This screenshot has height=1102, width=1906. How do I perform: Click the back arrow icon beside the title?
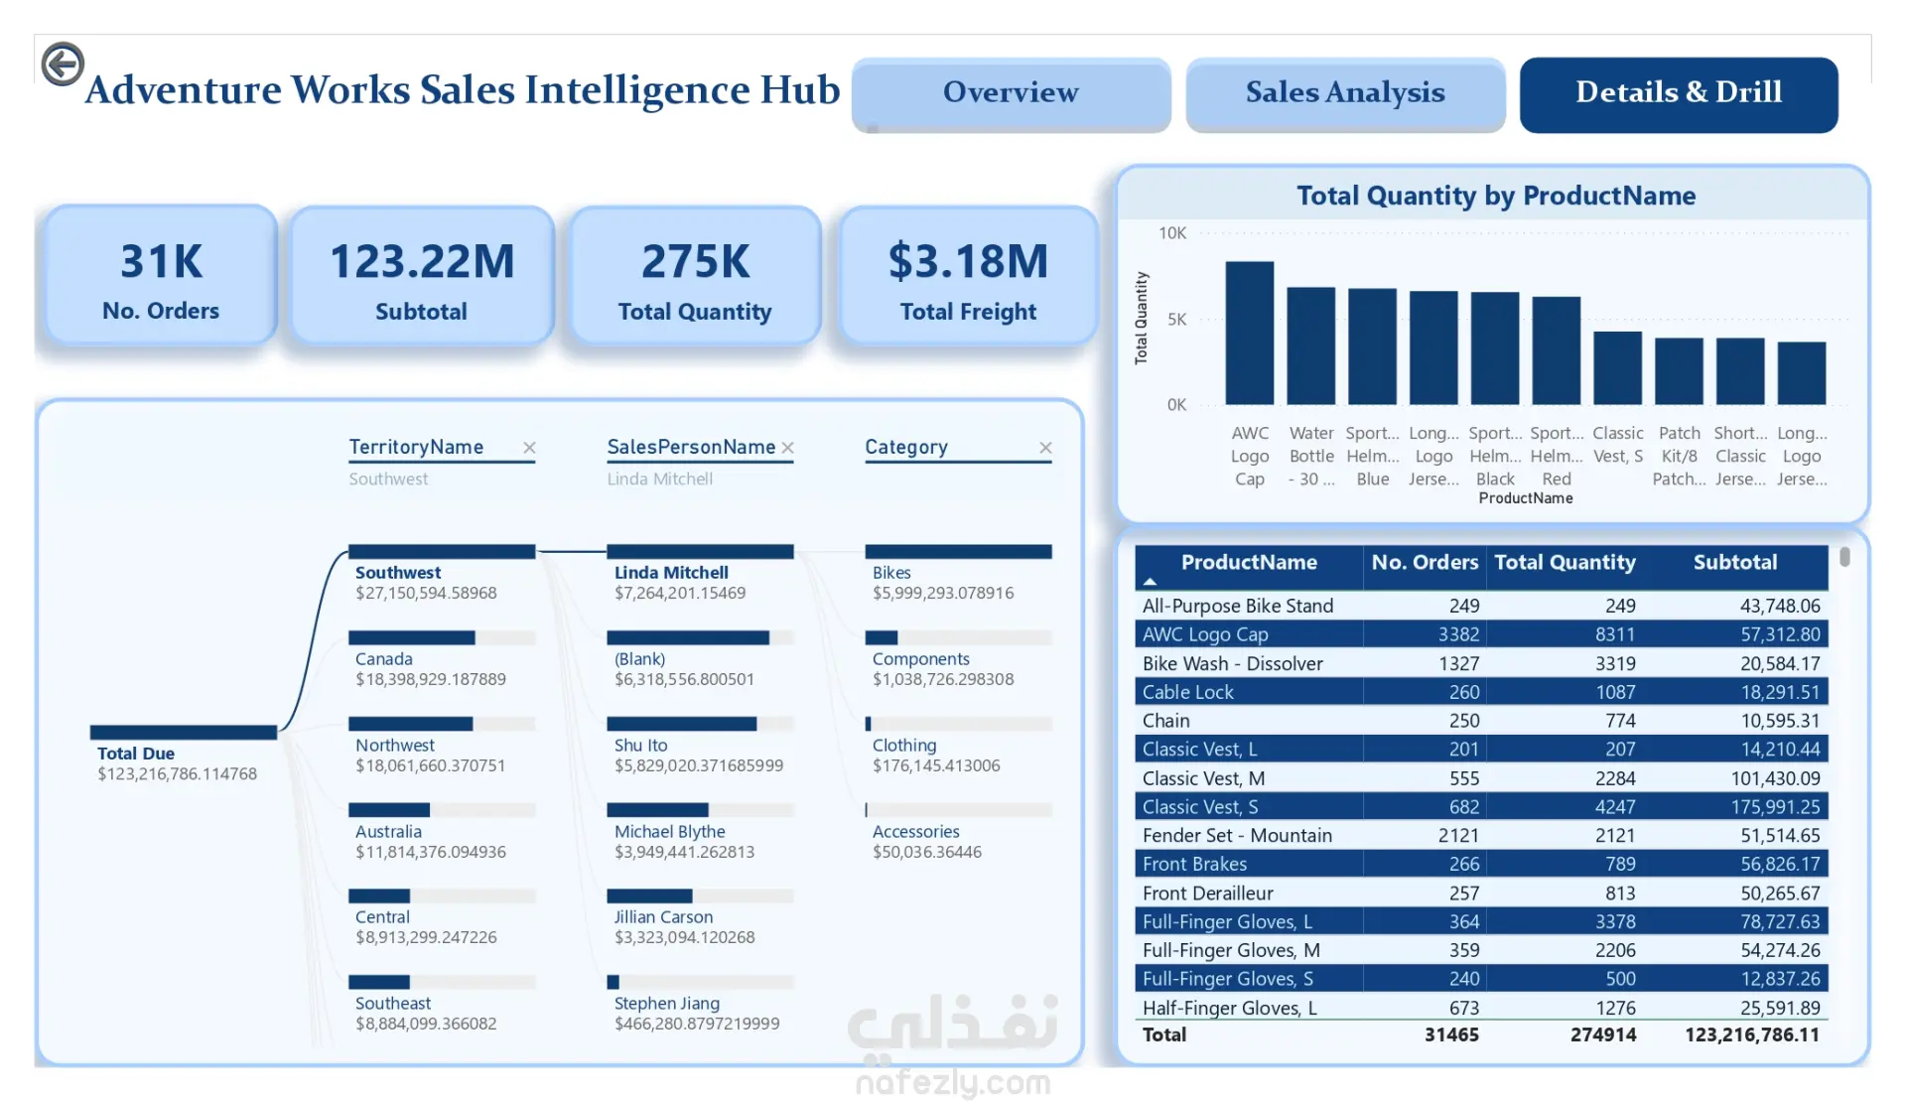point(63,65)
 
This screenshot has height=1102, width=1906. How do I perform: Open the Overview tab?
point(1011,93)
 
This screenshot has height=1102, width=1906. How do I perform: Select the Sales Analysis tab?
point(1345,93)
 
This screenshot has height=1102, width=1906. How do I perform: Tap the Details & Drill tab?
point(1679,93)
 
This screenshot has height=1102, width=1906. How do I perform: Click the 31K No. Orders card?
point(161,275)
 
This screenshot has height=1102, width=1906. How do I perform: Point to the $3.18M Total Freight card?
point(968,275)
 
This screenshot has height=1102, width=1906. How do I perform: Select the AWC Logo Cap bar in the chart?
point(1249,333)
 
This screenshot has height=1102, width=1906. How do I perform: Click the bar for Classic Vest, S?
point(1617,368)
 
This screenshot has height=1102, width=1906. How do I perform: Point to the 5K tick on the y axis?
point(1176,320)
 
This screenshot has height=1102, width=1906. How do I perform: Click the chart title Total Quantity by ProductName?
point(1495,196)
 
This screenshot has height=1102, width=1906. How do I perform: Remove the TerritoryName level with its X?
point(529,448)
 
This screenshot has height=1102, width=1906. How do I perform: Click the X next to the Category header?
point(1045,448)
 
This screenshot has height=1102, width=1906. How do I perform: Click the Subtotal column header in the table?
point(1734,562)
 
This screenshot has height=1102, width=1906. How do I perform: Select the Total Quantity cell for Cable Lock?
point(1615,692)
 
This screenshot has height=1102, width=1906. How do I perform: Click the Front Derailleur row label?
point(1207,894)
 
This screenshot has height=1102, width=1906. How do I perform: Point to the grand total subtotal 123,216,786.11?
point(1752,1034)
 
